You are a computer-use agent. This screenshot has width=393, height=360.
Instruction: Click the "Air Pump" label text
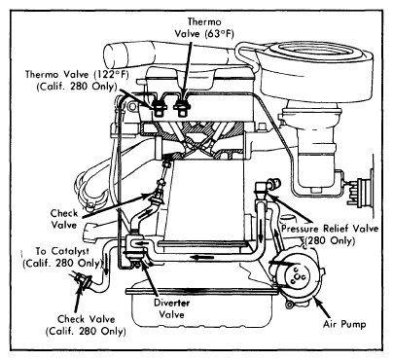click(344, 324)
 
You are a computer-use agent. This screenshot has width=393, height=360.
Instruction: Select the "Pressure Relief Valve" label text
click(330, 229)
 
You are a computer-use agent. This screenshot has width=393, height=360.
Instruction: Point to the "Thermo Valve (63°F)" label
click(204, 28)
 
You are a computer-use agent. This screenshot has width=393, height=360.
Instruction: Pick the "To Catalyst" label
click(61, 251)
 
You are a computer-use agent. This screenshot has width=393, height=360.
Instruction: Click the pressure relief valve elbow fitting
click(265, 187)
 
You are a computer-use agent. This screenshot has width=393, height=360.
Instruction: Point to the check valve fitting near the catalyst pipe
click(83, 279)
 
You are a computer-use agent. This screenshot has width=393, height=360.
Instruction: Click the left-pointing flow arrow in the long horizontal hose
click(200, 258)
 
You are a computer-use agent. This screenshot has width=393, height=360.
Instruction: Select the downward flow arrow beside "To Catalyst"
click(106, 264)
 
